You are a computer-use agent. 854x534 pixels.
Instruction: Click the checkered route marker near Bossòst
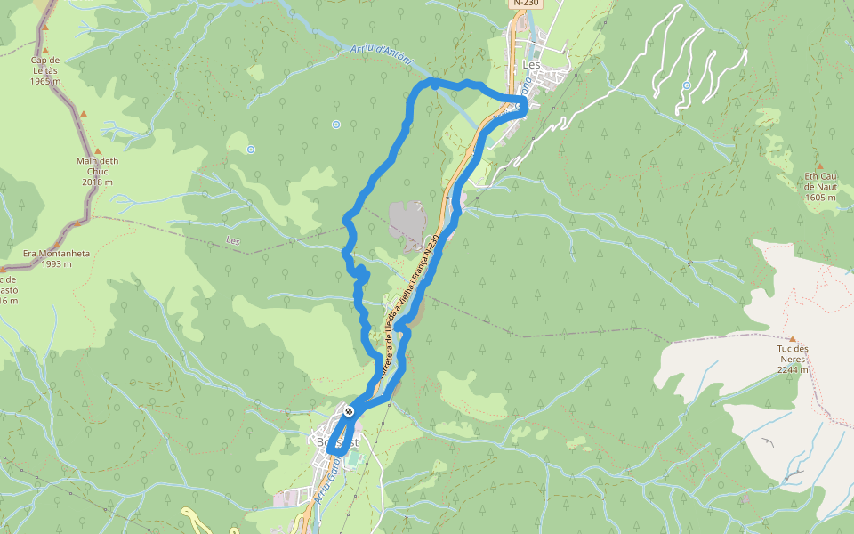pyautogui.click(x=350, y=411)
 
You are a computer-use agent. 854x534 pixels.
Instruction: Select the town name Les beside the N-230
pyautogui.click(x=533, y=65)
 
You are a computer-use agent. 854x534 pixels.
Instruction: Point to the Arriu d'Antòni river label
pyautogui.click(x=381, y=54)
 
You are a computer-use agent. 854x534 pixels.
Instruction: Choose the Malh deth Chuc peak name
pyautogui.click(x=97, y=166)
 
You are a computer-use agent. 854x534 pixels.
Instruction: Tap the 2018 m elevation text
pyautogui.click(x=97, y=182)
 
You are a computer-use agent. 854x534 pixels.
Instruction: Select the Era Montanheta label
pyautogui.click(x=56, y=253)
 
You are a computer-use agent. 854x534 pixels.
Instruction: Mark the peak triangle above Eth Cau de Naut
pyautogui.click(x=820, y=166)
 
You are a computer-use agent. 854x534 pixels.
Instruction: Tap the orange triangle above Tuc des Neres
pyautogui.click(x=792, y=339)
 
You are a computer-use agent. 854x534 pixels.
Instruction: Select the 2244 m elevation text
pyautogui.click(x=792, y=369)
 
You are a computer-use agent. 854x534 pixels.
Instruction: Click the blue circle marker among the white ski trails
pyautogui.click(x=686, y=85)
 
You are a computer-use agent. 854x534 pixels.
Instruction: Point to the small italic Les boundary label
pyautogui.click(x=234, y=240)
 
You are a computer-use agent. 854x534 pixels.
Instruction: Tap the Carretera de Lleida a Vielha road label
pyautogui.click(x=411, y=303)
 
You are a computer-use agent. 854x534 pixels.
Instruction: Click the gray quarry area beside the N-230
pyautogui.click(x=407, y=222)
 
